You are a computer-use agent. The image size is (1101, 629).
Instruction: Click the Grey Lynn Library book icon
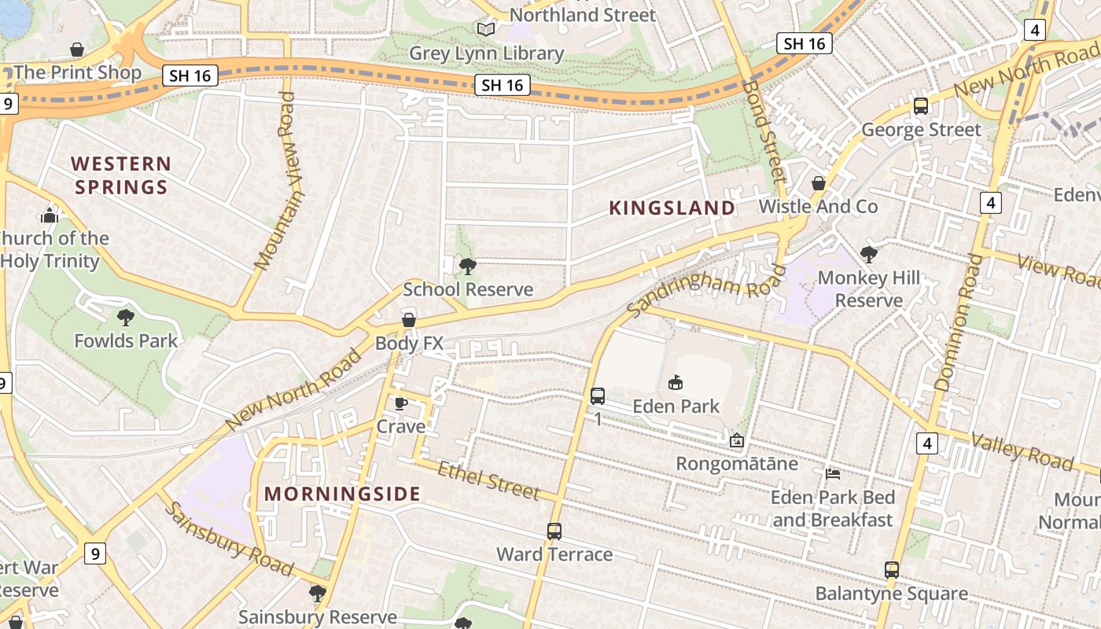487,29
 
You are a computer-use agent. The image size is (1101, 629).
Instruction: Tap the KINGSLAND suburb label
672,208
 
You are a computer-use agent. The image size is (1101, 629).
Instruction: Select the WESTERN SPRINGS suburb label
120,175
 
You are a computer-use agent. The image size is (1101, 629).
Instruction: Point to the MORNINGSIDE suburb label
342,494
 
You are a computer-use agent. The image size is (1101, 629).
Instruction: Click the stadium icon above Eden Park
675,383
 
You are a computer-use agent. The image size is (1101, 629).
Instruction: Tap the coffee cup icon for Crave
400,403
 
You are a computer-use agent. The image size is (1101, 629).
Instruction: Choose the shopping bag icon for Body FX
409,319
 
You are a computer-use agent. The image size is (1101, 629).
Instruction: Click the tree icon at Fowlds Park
125,318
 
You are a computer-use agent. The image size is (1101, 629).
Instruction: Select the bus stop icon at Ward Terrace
554,532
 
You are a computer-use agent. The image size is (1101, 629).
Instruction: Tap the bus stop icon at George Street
921,106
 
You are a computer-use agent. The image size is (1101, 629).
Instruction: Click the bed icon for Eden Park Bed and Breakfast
833,474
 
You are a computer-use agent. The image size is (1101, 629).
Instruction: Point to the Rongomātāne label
737,463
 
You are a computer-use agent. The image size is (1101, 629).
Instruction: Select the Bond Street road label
764,131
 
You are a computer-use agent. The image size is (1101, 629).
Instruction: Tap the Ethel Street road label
488,480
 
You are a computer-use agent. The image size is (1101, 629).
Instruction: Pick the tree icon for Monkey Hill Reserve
869,255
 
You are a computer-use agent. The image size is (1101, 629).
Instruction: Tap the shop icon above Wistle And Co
819,183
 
